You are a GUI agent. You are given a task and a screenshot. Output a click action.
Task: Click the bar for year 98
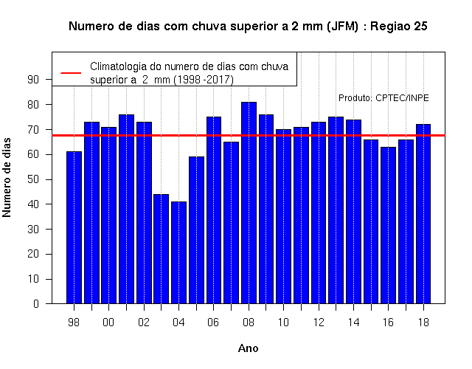pyautogui.click(x=74, y=227)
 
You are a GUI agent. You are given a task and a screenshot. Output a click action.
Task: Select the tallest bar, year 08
pyautogui.click(x=249, y=203)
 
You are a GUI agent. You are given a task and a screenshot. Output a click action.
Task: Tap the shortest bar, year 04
pyautogui.click(x=178, y=252)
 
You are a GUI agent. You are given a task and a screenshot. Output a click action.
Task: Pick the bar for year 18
pyautogui.click(x=423, y=214)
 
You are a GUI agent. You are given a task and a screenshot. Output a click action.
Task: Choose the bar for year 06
pyautogui.click(x=214, y=210)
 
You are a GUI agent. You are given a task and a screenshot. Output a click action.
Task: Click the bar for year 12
pyautogui.click(x=319, y=213)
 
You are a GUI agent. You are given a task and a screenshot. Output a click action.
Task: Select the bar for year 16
pyautogui.click(x=389, y=225)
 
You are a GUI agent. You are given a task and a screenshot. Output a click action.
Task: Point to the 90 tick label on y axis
pyautogui.click(x=33, y=80)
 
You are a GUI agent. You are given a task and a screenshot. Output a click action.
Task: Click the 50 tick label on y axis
pyautogui.click(x=33, y=179)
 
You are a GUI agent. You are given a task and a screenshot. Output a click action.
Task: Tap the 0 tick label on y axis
pyautogui.click(x=36, y=303)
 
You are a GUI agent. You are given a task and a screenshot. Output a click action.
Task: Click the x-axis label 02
pyautogui.click(x=144, y=323)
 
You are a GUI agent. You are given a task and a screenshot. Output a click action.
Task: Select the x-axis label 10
pyautogui.click(x=283, y=323)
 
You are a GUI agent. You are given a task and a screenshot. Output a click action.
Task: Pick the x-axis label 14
pyautogui.click(x=353, y=323)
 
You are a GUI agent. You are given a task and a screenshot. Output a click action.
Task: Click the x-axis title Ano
pyautogui.click(x=249, y=348)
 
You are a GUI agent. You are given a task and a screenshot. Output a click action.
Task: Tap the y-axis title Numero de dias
pyautogui.click(x=7, y=177)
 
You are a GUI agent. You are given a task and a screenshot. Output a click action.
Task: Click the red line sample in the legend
pyautogui.click(x=71, y=73)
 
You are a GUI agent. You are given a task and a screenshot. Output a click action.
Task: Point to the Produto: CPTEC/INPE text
pyautogui.click(x=383, y=98)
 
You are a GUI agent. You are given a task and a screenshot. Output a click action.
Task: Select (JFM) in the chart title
pyautogui.click(x=342, y=27)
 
